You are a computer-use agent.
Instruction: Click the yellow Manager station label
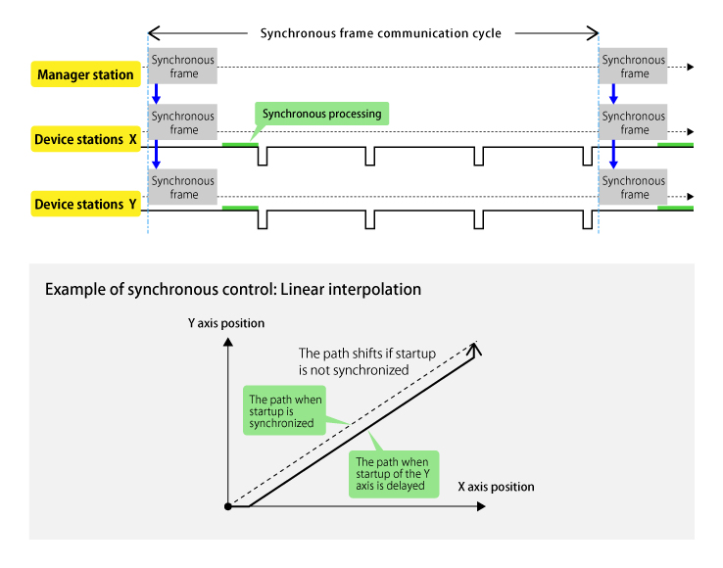pyautogui.click(x=86, y=73)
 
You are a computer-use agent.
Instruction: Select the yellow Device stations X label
pyautogui.click(x=85, y=139)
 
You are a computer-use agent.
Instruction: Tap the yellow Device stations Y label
pyautogui.click(x=85, y=205)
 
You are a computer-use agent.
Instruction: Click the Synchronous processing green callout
pyautogui.click(x=321, y=114)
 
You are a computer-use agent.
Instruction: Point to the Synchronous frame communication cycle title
pyautogui.click(x=380, y=33)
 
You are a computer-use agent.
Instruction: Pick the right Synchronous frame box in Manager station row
pyautogui.click(x=634, y=67)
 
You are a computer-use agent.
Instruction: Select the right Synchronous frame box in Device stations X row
pyautogui.click(x=634, y=123)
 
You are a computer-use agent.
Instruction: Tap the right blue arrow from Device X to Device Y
pyautogui.click(x=614, y=155)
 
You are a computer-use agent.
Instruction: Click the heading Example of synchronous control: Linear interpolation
pyautogui.click(x=233, y=290)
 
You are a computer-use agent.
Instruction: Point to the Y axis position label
pyautogui.click(x=226, y=323)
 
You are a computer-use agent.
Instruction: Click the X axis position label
pyautogui.click(x=496, y=486)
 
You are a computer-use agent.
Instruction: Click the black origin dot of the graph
pyautogui.click(x=227, y=506)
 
